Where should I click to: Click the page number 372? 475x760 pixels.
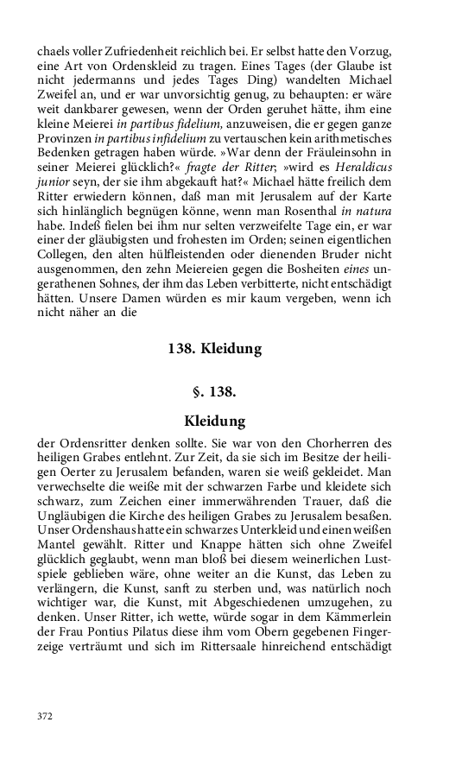44,716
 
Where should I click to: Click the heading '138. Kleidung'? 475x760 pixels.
214,349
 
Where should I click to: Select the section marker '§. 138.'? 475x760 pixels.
215,392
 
